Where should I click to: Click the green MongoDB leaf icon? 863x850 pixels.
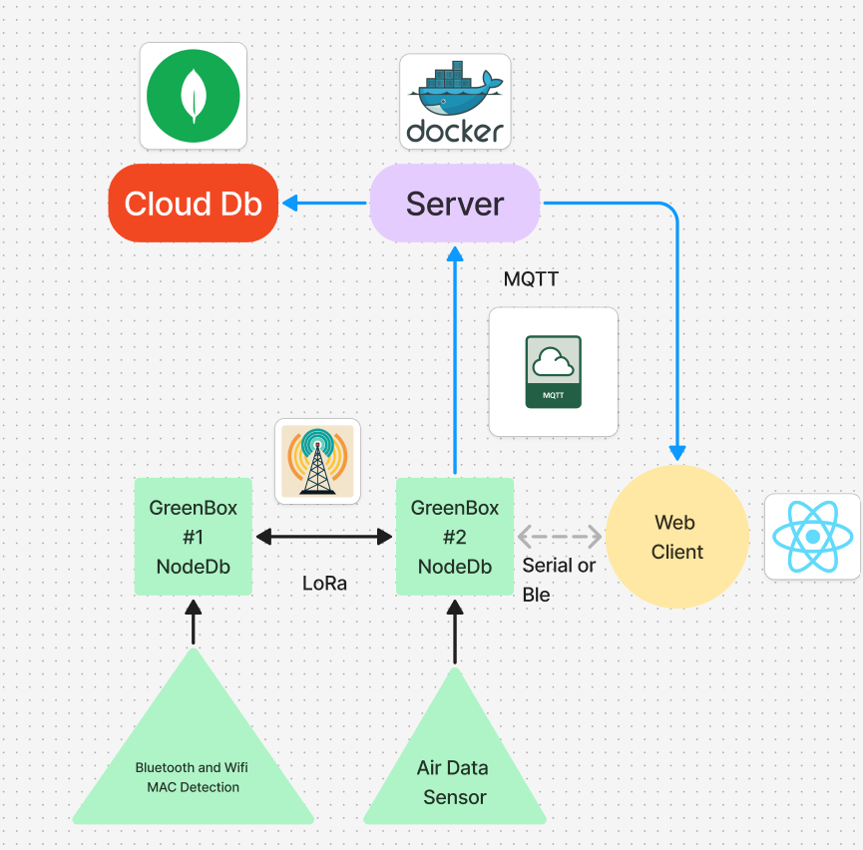coord(193,96)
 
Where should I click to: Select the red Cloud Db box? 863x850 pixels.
coord(193,204)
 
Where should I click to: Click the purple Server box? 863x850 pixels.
coord(455,204)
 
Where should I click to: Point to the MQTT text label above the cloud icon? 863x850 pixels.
coord(531,279)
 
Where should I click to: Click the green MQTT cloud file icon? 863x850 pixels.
coord(554,372)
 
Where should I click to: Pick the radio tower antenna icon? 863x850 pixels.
coord(317,459)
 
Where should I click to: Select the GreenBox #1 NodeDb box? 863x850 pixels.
coord(194,537)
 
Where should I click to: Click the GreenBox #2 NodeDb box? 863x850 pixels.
coord(455,537)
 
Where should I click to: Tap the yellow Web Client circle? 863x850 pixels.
coord(678,537)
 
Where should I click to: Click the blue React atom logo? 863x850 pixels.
coord(812,537)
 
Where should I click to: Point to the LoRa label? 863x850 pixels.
coord(324,584)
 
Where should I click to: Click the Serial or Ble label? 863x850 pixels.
coord(559,580)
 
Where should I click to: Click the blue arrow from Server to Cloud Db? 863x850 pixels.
coord(324,204)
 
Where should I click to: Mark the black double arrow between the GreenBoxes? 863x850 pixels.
coord(324,537)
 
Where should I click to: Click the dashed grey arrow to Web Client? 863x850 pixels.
coord(560,537)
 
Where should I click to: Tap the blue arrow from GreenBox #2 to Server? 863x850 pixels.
coord(455,359)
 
